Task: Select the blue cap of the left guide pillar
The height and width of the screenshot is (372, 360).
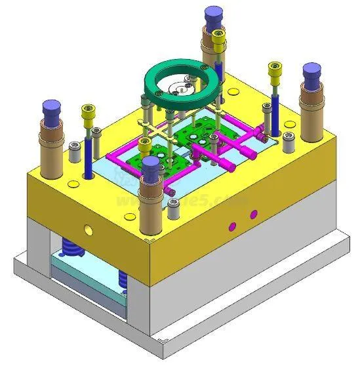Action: (50, 108)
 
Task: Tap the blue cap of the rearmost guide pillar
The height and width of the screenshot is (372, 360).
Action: (212, 15)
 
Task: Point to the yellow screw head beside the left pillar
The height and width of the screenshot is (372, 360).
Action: (87, 112)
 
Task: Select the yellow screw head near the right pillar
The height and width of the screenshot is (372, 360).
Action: (274, 68)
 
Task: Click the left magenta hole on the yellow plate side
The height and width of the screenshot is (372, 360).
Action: (231, 226)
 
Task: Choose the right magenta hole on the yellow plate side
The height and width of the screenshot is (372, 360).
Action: (253, 215)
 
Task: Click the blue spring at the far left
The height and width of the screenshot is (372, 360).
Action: (70, 249)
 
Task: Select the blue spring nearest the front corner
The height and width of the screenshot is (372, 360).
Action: (123, 278)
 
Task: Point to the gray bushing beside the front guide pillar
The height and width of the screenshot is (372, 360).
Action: (174, 209)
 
